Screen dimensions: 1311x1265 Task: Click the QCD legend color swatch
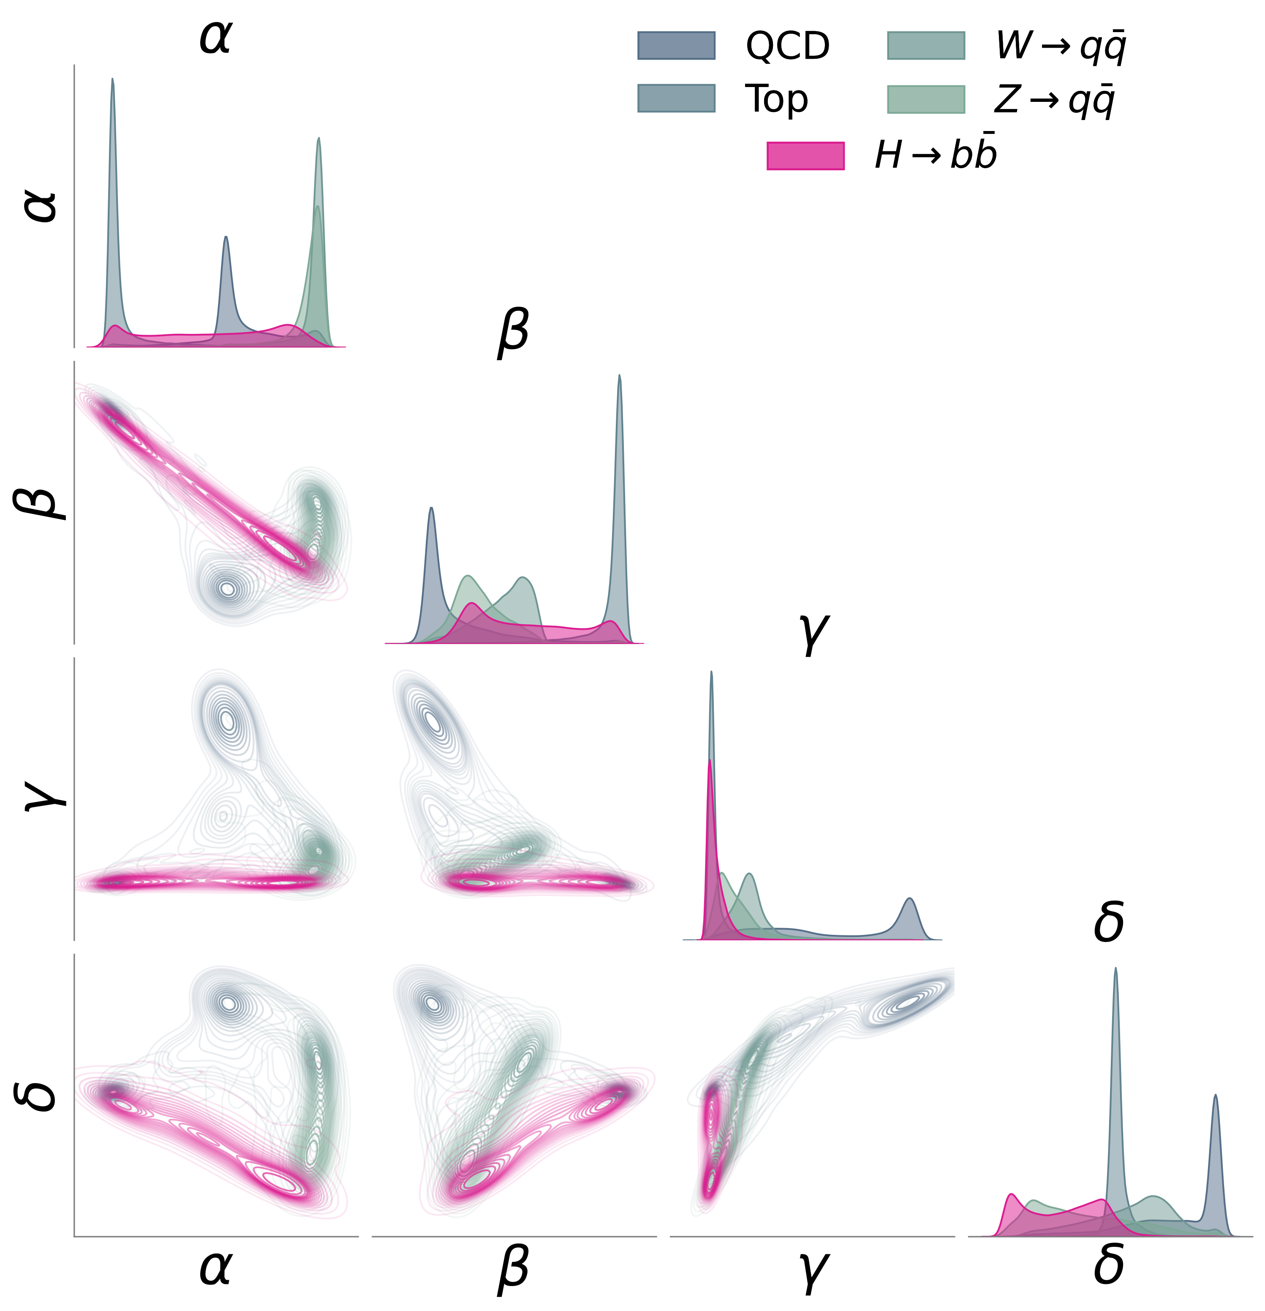point(676,46)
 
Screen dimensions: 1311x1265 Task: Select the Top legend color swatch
point(676,98)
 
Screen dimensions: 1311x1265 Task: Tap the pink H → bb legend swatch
point(805,156)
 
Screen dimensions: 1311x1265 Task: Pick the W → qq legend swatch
point(925,46)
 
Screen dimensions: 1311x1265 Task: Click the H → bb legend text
point(936,155)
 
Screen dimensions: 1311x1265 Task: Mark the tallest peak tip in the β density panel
point(620,375)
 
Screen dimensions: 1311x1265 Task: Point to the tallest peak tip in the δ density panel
point(1115,968)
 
